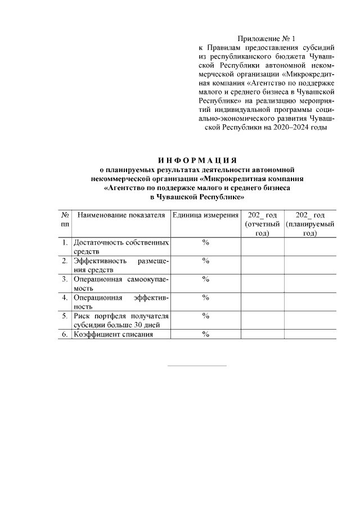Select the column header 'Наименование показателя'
[x=121, y=215]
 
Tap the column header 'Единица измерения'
[x=205, y=215]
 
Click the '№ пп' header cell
[x=65, y=220]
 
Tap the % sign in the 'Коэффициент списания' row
[x=205, y=334]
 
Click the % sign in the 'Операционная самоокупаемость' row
[x=205, y=279]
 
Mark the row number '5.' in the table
[x=65, y=316]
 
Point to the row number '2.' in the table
[x=65, y=261]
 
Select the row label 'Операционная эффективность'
[x=121, y=301]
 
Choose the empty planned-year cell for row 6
[x=310, y=334]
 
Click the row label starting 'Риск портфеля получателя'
[x=121, y=320]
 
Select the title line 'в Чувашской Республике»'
[x=196, y=197]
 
